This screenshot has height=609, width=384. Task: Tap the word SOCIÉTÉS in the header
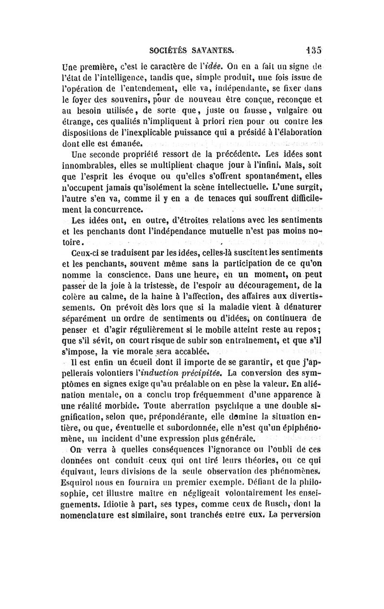166,50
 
